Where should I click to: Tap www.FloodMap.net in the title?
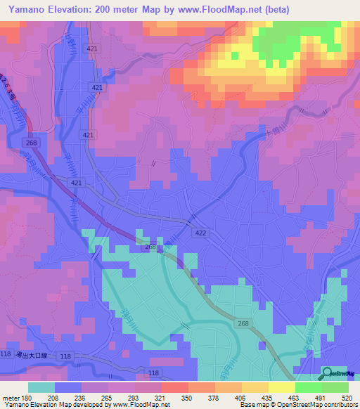point(215,9)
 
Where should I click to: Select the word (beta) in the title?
point(274,9)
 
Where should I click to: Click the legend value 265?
point(108,397)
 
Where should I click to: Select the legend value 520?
point(346,397)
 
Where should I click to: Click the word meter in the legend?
point(11,397)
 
